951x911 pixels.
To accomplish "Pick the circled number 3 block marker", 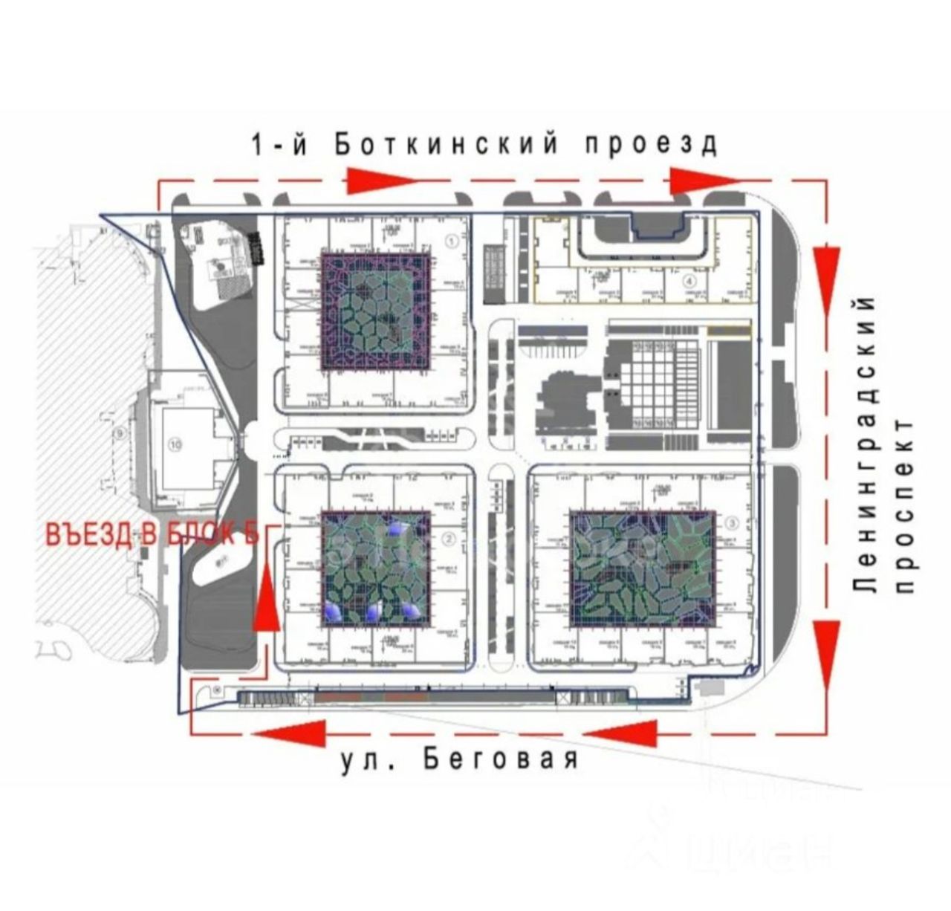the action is pyautogui.click(x=733, y=522).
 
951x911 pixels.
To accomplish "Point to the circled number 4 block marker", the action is pyautogui.click(x=689, y=281).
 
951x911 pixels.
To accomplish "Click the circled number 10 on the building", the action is pyautogui.click(x=175, y=445).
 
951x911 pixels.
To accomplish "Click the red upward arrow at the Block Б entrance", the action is pyautogui.click(x=265, y=594).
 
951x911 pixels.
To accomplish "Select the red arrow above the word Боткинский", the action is pyautogui.click(x=379, y=179).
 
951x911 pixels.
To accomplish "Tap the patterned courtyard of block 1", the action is pyautogui.click(x=376, y=311).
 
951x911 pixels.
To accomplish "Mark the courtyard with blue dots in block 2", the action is pyautogui.click(x=376, y=568).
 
